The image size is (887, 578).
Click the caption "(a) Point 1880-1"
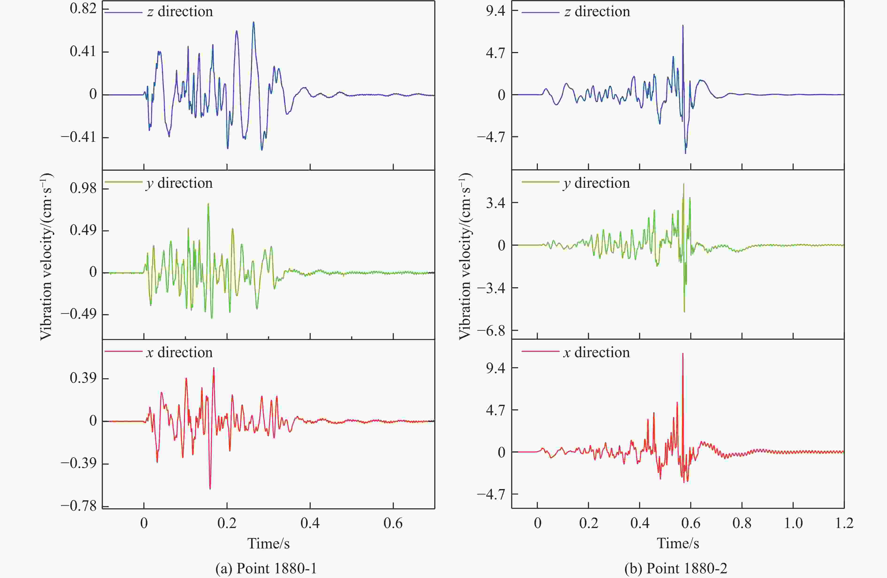(x=266, y=568)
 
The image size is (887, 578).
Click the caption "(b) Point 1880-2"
(x=676, y=568)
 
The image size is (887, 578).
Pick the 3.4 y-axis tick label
(x=495, y=203)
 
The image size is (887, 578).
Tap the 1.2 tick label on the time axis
(x=844, y=524)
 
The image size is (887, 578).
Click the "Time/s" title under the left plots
(x=268, y=543)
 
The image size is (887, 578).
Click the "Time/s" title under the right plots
(x=677, y=543)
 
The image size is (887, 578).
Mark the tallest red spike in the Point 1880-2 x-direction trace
(x=683, y=354)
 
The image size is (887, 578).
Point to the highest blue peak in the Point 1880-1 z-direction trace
(x=253, y=22)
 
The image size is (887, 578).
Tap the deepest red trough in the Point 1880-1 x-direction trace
(x=210, y=489)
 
